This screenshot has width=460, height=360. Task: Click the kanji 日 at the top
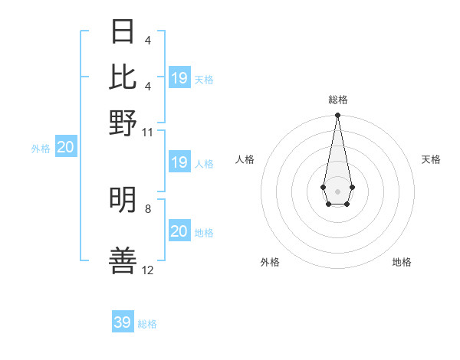[123, 32]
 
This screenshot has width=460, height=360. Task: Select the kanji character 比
[123, 77]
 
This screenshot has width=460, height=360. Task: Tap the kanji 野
[123, 123]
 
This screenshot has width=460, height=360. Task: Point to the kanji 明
[123, 199]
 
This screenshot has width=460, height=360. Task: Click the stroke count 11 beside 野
[148, 132]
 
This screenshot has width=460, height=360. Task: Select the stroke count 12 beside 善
[148, 270]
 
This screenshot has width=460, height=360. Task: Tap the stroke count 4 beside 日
[148, 40]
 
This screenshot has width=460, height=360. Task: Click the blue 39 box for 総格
[123, 322]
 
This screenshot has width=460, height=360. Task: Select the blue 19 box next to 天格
[179, 78]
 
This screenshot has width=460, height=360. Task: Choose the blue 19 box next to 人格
[179, 162]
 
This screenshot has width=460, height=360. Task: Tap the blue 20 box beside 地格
[179, 231]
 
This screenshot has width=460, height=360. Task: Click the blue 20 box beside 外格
[66, 148]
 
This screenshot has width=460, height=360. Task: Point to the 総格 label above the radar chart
[338, 100]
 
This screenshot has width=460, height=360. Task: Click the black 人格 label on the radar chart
[245, 159]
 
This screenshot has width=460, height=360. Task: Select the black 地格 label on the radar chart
[402, 262]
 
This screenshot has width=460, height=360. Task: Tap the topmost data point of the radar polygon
[337, 116]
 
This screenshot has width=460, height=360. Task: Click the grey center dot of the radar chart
[337, 190]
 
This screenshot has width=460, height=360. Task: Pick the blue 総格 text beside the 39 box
[147, 324]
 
